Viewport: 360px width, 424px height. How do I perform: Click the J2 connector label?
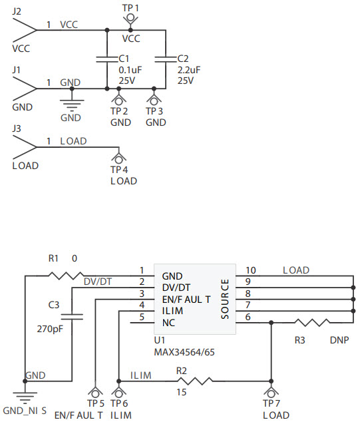pos(17,11)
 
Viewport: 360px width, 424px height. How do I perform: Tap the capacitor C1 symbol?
pos(107,59)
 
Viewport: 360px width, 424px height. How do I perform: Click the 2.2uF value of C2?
pos(190,69)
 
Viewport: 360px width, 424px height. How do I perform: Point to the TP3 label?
pos(154,111)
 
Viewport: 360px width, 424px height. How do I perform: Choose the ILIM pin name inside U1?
pos(172,311)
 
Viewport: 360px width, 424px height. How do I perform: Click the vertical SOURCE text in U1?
pos(225,299)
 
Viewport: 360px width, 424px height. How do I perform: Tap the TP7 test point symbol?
pos(271,392)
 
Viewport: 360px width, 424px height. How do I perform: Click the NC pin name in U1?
pos(169,323)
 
